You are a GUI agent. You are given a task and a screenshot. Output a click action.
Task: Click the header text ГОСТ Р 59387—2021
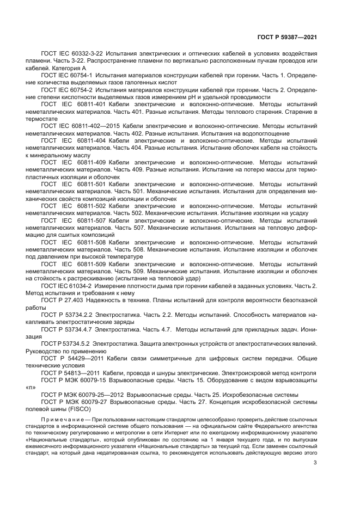(x=287, y=37)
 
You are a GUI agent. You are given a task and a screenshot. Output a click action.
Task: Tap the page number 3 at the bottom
(x=315, y=478)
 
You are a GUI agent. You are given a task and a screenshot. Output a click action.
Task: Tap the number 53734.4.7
(x=78, y=329)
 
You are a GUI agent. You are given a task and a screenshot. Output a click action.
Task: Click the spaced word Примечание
(x=66, y=420)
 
